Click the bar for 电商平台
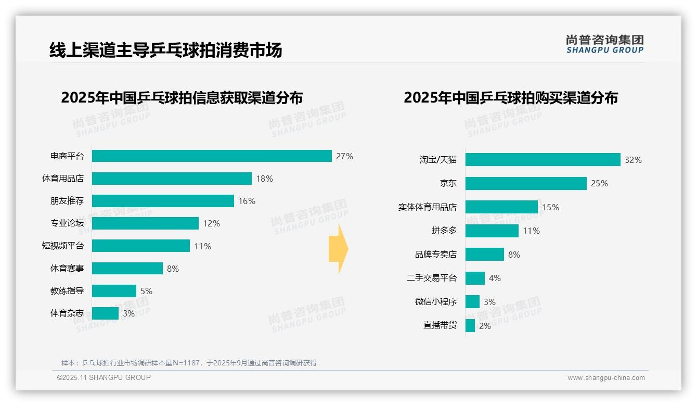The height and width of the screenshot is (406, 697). tap(212, 156)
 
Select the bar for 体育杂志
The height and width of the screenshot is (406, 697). tap(106, 313)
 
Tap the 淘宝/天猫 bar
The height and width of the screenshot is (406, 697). tap(543, 160)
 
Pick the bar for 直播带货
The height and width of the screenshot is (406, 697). tap(470, 326)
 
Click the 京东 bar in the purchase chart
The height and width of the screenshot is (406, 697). tap(526, 183)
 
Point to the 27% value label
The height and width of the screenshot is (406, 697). tap(344, 156)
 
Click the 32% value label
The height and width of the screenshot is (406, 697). tap(633, 160)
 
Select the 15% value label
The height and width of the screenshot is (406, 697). tap(550, 207)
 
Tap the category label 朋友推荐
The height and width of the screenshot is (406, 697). tap(67, 201)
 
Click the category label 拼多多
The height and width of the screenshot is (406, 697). tap(444, 231)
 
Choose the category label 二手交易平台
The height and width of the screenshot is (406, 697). tap(431, 278)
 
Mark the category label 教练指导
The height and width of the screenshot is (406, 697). tap(67, 291)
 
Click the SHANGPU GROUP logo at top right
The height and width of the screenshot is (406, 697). tap(604, 44)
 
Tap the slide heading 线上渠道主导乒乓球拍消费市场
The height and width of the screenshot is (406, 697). tap(165, 50)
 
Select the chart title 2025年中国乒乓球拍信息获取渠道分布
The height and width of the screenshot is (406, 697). tap(182, 98)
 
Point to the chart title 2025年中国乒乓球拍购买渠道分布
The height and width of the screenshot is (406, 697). tap(510, 98)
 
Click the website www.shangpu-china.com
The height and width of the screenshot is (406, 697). tap(606, 378)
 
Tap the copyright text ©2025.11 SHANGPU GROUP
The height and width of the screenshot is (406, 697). tap(104, 377)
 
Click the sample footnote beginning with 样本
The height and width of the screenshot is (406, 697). tap(189, 363)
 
